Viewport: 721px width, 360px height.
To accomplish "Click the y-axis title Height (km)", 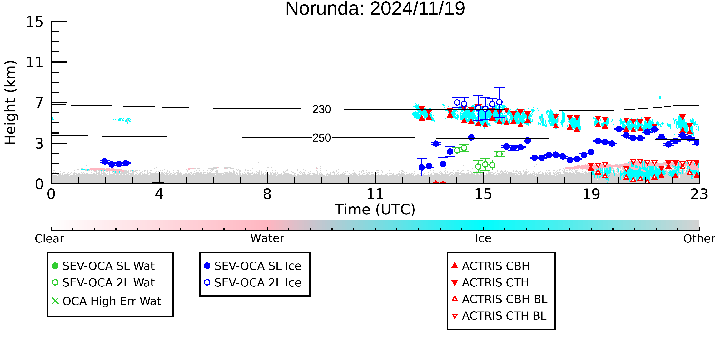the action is tap(11, 103).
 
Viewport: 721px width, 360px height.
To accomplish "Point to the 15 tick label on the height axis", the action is tap(35, 22).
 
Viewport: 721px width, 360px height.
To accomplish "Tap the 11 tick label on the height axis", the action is tap(35, 62).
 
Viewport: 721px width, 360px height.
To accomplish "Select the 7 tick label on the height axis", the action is tap(39, 103).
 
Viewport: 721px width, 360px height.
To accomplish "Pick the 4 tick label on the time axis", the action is tap(159, 194).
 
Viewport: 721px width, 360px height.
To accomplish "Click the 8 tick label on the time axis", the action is tap(267, 194).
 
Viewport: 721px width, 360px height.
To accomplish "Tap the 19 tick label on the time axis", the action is tap(591, 194).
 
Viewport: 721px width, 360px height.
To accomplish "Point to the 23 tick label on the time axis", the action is tap(699, 194).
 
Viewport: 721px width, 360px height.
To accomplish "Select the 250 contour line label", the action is tap(322, 138).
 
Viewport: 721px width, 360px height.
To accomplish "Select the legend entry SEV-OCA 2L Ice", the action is tap(253, 283).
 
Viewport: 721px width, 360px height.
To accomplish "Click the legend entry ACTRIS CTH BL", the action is tap(499, 316).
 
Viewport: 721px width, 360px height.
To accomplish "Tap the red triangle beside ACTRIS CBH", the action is tap(455, 265).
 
